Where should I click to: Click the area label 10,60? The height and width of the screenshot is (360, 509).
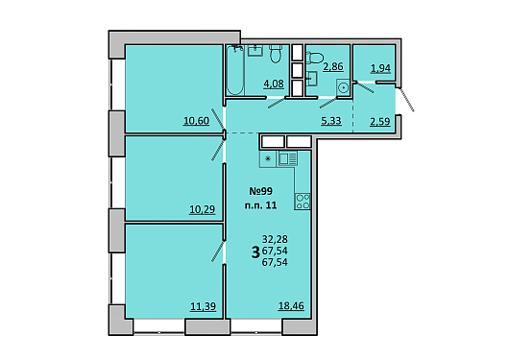pyautogui.click(x=196, y=121)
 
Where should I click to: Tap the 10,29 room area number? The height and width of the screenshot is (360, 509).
pyautogui.click(x=203, y=209)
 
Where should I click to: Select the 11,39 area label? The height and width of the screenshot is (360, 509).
pyautogui.click(x=203, y=306)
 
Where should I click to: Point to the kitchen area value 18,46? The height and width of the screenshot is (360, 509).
pyautogui.click(x=291, y=306)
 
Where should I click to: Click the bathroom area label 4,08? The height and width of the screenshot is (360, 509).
pyautogui.click(x=274, y=84)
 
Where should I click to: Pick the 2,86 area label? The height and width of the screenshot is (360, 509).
pyautogui.click(x=333, y=66)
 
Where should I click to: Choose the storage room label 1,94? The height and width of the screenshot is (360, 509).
pyautogui.click(x=380, y=68)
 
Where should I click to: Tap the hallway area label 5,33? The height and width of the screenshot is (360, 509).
pyautogui.click(x=331, y=121)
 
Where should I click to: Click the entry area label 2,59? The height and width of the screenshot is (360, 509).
pyautogui.click(x=379, y=122)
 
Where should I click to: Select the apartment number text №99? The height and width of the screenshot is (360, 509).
pyautogui.click(x=260, y=191)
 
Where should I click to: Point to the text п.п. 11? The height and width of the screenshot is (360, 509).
pyautogui.click(x=260, y=205)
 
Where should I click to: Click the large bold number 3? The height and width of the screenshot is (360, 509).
pyautogui.click(x=255, y=252)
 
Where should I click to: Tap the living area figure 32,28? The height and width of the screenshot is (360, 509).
pyautogui.click(x=275, y=239)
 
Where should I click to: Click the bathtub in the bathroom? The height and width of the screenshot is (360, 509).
pyautogui.click(x=235, y=70)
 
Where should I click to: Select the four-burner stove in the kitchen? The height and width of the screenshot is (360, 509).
pyautogui.click(x=303, y=202)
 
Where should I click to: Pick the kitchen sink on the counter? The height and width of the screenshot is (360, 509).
pyautogui.click(x=287, y=159)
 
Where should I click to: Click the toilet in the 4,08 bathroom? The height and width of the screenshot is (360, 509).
pyautogui.click(x=276, y=54)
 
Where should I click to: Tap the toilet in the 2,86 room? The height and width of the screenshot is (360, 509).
pyautogui.click(x=314, y=58)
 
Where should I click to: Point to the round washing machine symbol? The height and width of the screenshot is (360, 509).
pyautogui.click(x=343, y=87)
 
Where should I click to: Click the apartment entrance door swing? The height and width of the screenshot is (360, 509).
pyautogui.click(x=406, y=99)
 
